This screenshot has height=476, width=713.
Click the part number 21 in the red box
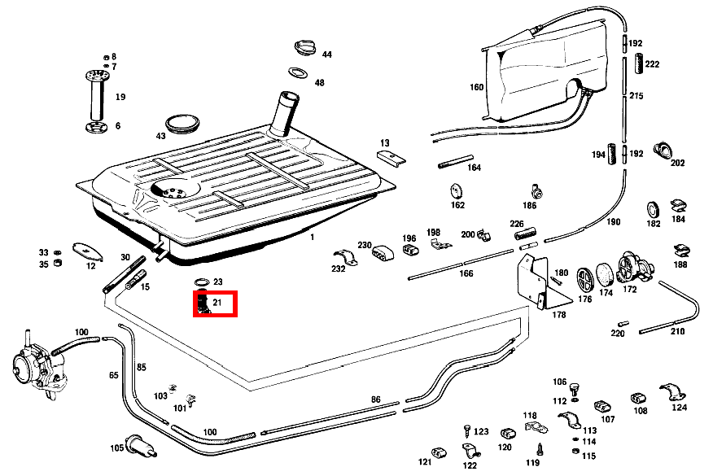click(x=217, y=303)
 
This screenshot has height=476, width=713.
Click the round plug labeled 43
click(x=182, y=124)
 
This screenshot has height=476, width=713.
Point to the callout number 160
click(x=476, y=87)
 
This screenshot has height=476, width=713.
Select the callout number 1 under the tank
click(x=311, y=237)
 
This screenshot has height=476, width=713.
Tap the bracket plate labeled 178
click(x=535, y=281)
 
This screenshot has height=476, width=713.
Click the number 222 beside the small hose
click(x=652, y=64)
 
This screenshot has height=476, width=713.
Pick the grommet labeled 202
click(x=665, y=149)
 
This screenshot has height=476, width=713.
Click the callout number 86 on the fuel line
click(x=375, y=399)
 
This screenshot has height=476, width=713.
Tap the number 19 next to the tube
click(x=120, y=97)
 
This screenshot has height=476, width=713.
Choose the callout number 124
click(x=679, y=408)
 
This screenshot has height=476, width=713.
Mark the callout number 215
click(x=636, y=96)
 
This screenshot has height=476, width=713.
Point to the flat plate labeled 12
click(x=85, y=250)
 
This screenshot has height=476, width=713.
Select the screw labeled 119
click(x=539, y=448)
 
